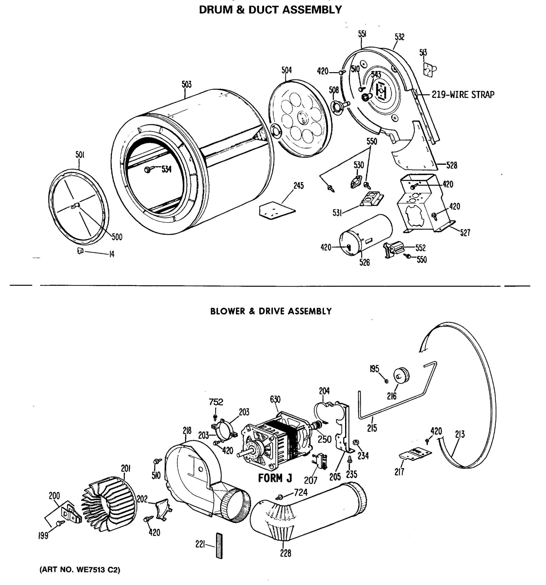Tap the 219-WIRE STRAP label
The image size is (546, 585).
[x=463, y=95]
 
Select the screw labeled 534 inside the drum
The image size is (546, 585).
[x=148, y=169]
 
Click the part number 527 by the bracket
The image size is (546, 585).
[x=465, y=233]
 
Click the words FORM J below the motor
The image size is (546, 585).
[x=275, y=478]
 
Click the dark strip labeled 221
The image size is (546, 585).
[x=219, y=545]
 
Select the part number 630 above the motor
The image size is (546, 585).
[x=275, y=399]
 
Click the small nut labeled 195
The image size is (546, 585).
[x=386, y=381]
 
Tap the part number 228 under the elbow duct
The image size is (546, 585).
[x=285, y=554]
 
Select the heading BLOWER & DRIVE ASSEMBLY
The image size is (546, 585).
[x=271, y=311]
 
